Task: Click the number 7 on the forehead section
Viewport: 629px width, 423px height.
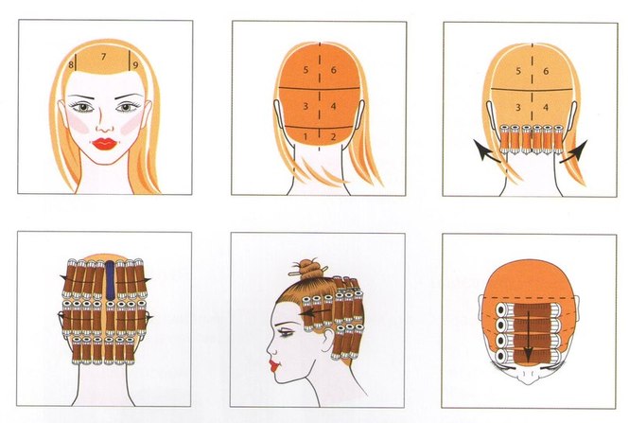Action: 103,57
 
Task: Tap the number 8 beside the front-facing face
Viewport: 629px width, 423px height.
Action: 71,64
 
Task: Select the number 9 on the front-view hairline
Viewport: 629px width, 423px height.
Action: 135,64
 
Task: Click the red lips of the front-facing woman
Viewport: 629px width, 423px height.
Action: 104,144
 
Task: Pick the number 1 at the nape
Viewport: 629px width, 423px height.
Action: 306,137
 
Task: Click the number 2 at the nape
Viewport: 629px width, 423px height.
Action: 333,137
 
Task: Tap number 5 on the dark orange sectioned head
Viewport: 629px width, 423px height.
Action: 306,70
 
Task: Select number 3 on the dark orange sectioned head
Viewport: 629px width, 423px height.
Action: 306,106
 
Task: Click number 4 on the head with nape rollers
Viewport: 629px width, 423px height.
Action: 546,108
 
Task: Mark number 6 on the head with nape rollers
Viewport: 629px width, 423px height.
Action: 546,71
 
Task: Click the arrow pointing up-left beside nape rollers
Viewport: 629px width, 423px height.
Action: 486,150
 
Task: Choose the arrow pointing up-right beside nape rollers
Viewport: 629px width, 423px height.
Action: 574,151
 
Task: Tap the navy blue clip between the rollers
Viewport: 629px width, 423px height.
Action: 111,280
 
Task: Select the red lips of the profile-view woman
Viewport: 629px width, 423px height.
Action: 275,366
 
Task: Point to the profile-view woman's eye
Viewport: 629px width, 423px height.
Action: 287,333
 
